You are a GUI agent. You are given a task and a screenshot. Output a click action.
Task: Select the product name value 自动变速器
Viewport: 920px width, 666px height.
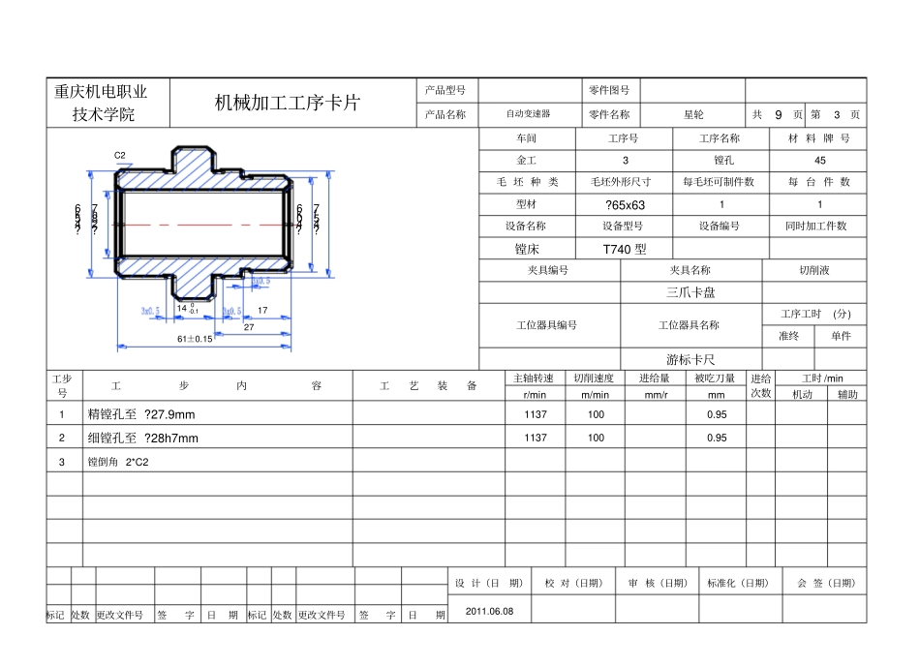[x=528, y=114]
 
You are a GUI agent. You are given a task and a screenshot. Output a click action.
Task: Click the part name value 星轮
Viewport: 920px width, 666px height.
[x=693, y=114]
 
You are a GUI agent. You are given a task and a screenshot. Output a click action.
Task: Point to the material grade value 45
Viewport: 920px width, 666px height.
[x=819, y=160]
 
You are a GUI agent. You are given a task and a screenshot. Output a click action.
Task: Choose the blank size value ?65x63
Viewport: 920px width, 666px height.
[x=624, y=205]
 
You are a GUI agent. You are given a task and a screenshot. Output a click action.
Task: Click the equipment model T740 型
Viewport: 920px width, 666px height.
[x=624, y=249]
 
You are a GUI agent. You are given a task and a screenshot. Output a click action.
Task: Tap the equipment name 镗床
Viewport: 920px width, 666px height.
[x=527, y=249]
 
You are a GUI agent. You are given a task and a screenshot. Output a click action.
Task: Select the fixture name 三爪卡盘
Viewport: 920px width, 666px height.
[x=690, y=292]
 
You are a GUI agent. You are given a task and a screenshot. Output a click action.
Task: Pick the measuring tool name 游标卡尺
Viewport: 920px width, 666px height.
[x=690, y=359]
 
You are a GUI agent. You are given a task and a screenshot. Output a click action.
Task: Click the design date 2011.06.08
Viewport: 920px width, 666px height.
[x=490, y=611]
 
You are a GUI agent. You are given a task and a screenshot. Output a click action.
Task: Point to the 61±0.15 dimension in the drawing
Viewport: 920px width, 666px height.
[x=195, y=339]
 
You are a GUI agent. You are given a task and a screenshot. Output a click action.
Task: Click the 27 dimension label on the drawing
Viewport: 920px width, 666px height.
[x=249, y=327]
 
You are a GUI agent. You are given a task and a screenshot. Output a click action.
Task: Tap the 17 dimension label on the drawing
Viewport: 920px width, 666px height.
[x=262, y=311]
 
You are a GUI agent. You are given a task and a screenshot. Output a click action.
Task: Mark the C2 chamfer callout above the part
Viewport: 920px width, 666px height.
[x=120, y=155]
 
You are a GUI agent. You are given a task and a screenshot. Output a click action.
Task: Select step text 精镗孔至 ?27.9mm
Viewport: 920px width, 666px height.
[x=141, y=414]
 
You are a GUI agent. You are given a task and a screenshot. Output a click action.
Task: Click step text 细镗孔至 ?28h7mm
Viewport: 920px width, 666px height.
[x=143, y=439]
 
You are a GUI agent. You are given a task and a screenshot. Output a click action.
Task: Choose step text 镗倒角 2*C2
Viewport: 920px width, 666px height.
[x=118, y=462]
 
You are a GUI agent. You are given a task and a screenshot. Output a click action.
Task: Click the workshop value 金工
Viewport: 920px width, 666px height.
[x=527, y=160]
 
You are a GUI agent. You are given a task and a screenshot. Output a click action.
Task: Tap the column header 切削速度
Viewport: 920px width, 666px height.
[x=595, y=378]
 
